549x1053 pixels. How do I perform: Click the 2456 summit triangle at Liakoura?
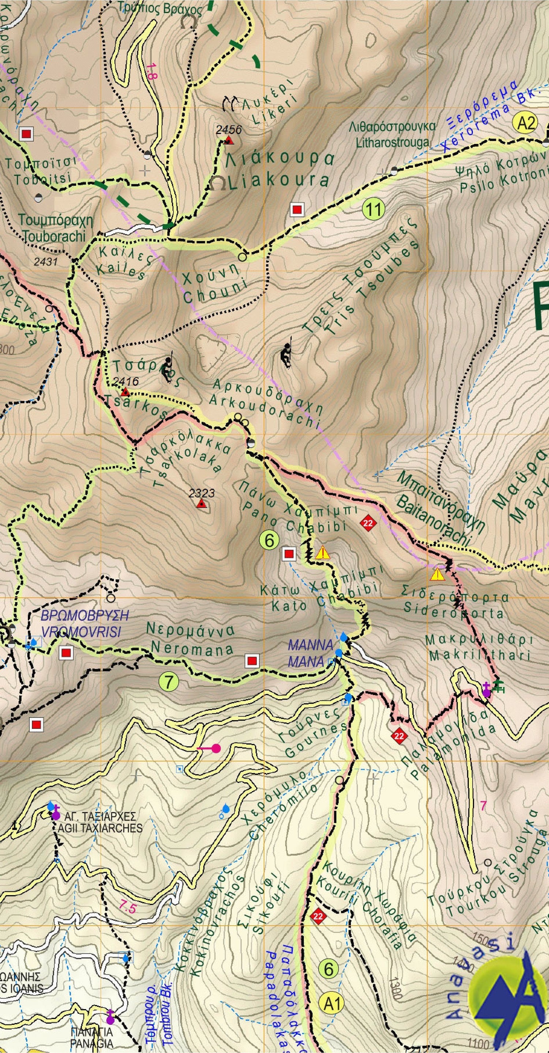[229, 141]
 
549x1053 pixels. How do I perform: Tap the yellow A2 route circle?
[526, 123]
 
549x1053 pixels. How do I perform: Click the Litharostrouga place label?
[392, 134]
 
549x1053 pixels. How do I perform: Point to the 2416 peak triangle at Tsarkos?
[126, 392]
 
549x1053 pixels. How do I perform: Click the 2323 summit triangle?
[201, 504]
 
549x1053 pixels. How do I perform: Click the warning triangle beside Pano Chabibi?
[323, 553]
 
